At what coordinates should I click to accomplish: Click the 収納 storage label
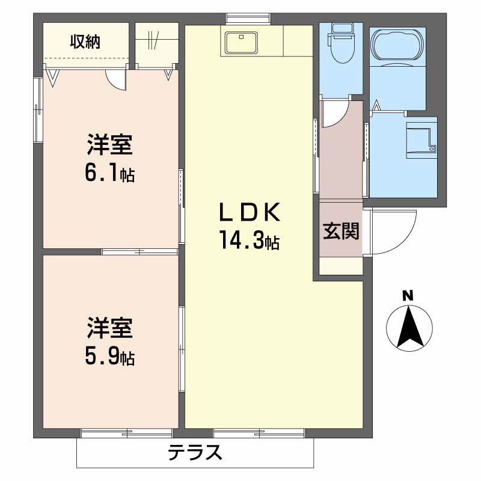[85, 41]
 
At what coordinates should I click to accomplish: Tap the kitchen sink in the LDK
[241, 42]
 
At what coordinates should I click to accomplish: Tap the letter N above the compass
[408, 295]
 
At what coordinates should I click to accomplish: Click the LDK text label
[248, 212]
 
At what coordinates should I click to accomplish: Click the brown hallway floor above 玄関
[340, 156]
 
